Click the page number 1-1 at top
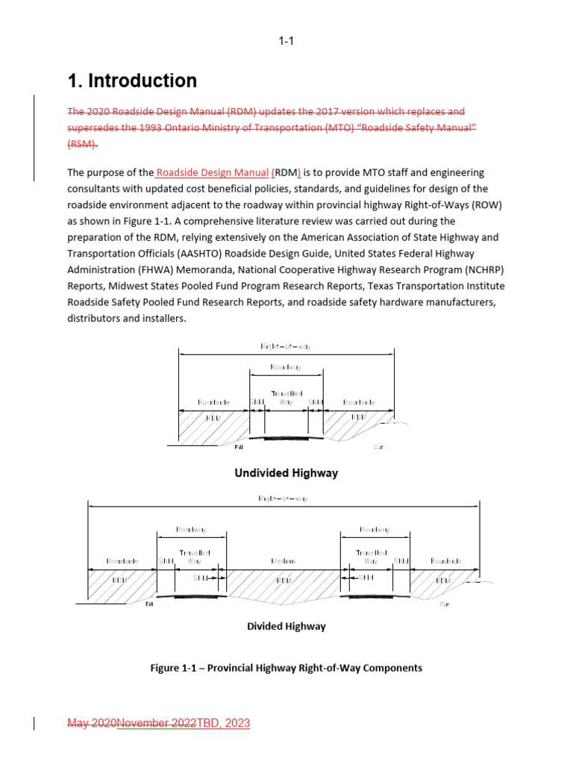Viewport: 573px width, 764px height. (286, 41)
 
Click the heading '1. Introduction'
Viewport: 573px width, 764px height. (132, 81)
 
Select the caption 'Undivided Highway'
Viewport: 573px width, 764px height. (286, 473)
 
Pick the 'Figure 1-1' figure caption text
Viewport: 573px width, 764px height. (286, 668)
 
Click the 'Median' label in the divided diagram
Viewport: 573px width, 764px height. (284, 561)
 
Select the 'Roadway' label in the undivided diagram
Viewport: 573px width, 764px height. (286, 368)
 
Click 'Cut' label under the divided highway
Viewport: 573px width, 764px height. (445, 604)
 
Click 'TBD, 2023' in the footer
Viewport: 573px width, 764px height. (223, 723)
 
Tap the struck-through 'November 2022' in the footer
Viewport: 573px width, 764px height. (157, 723)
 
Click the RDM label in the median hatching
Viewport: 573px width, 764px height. (284, 580)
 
